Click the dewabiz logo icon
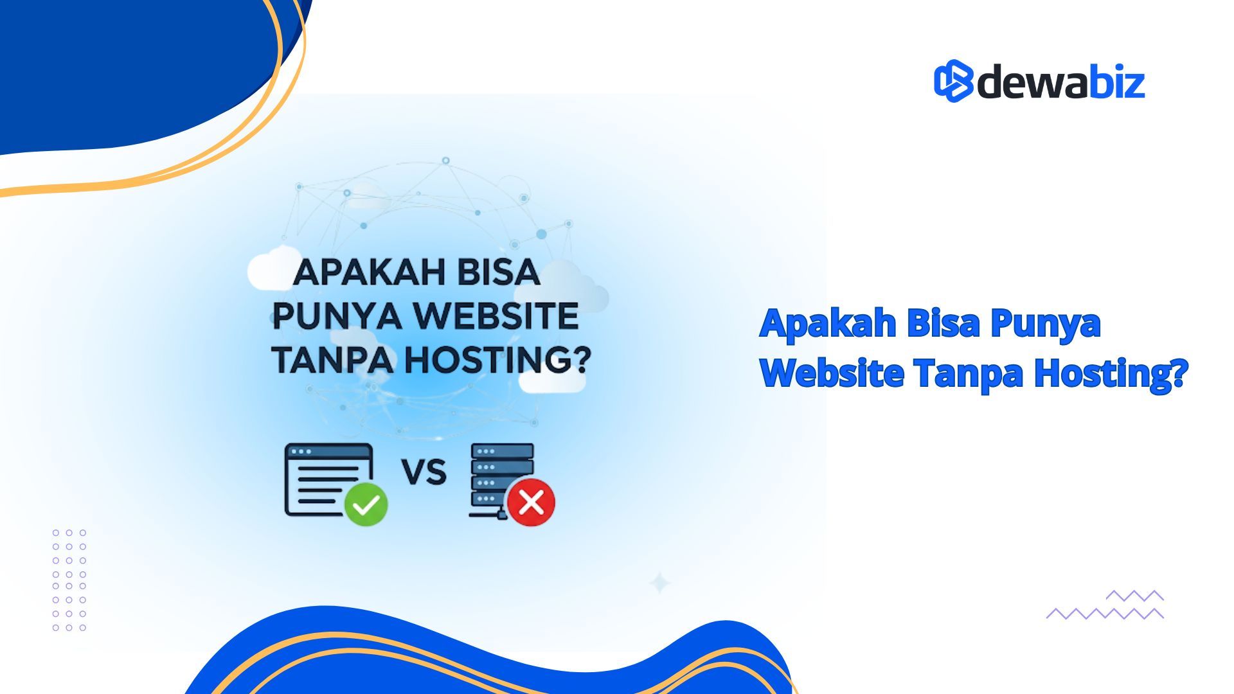point(954,81)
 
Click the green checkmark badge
point(366,504)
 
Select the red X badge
point(531,503)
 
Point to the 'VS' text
point(424,472)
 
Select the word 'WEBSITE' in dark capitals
point(496,316)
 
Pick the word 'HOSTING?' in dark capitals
point(497,360)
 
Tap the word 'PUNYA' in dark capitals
point(337,316)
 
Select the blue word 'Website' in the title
point(832,373)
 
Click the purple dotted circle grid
point(69,580)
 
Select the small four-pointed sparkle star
point(659,583)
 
